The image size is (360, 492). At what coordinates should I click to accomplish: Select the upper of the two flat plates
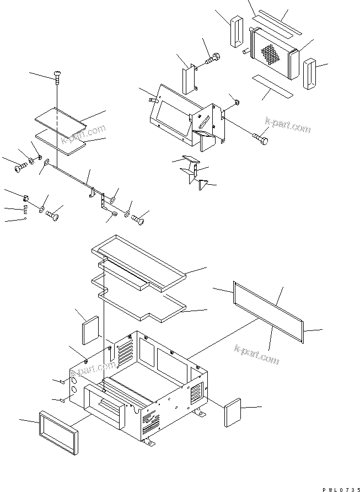(x=58, y=120)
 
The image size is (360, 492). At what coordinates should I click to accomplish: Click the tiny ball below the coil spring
(x=26, y=219)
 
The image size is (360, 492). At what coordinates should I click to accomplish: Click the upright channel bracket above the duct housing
(x=189, y=78)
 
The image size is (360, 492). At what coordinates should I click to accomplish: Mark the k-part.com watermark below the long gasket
(x=257, y=354)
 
